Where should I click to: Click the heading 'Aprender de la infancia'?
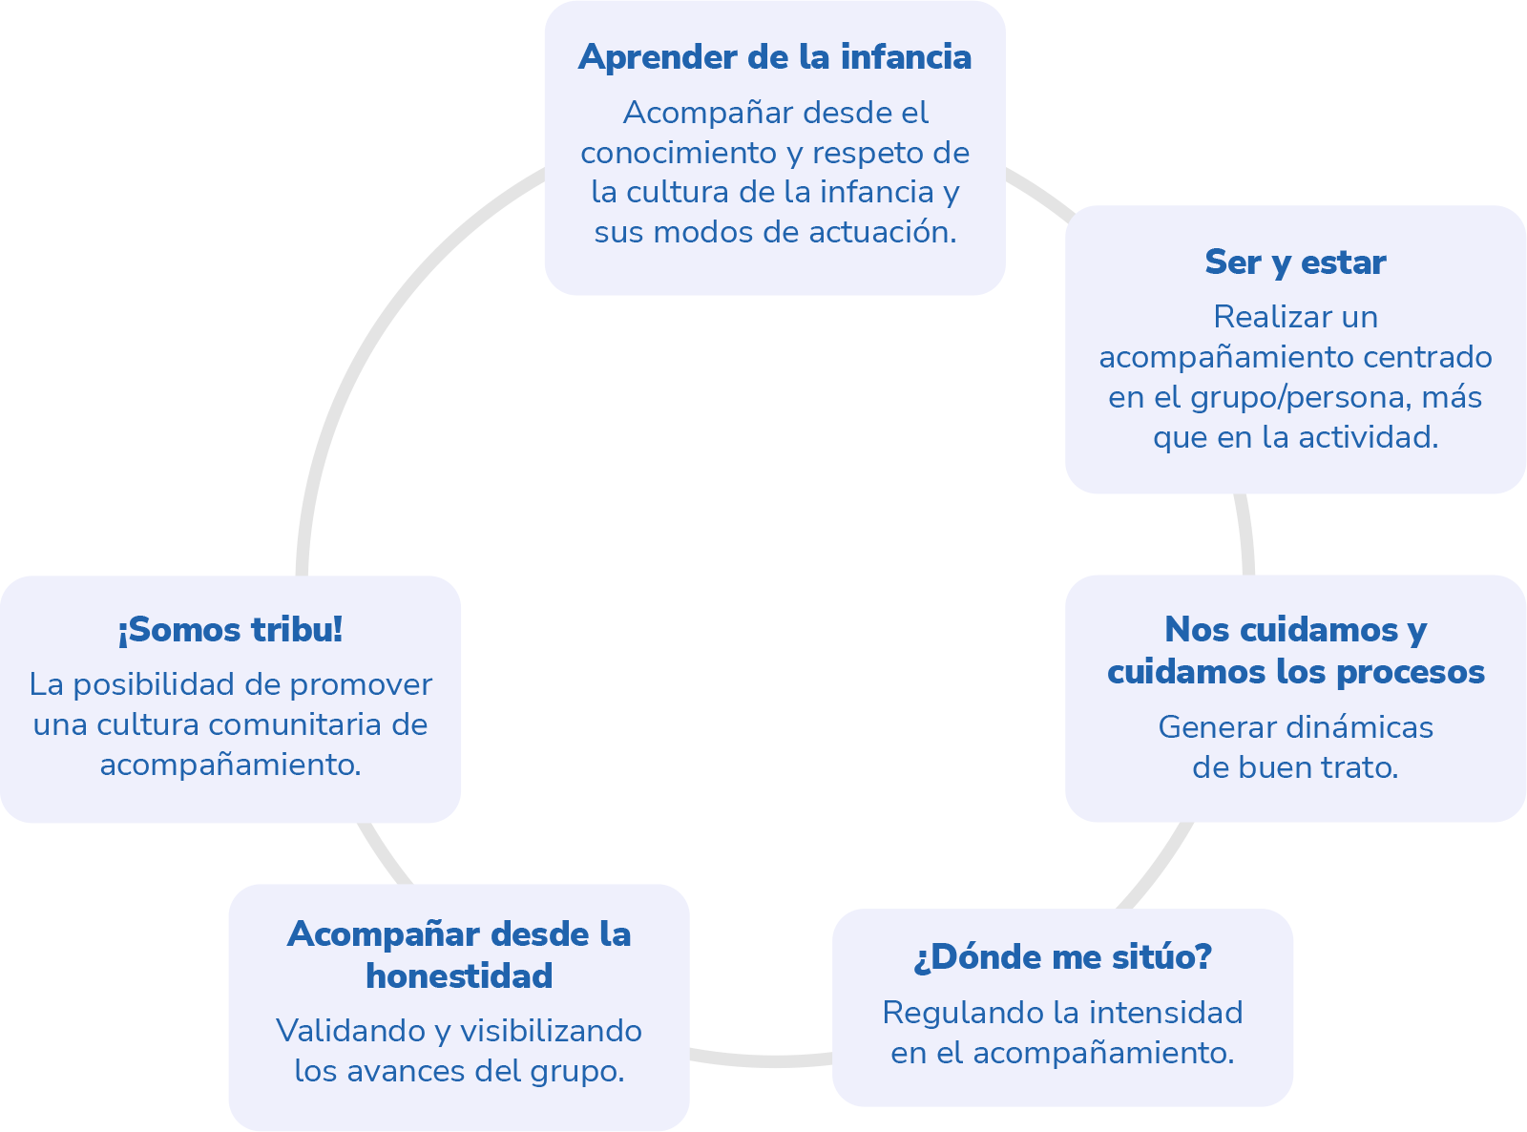(774, 57)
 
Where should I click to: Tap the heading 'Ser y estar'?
(1295, 262)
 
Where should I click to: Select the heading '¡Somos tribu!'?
(230, 630)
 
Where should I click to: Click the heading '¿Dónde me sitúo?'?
(1062, 956)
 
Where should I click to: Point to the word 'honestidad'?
(459, 975)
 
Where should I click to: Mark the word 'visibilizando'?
(552, 1031)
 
